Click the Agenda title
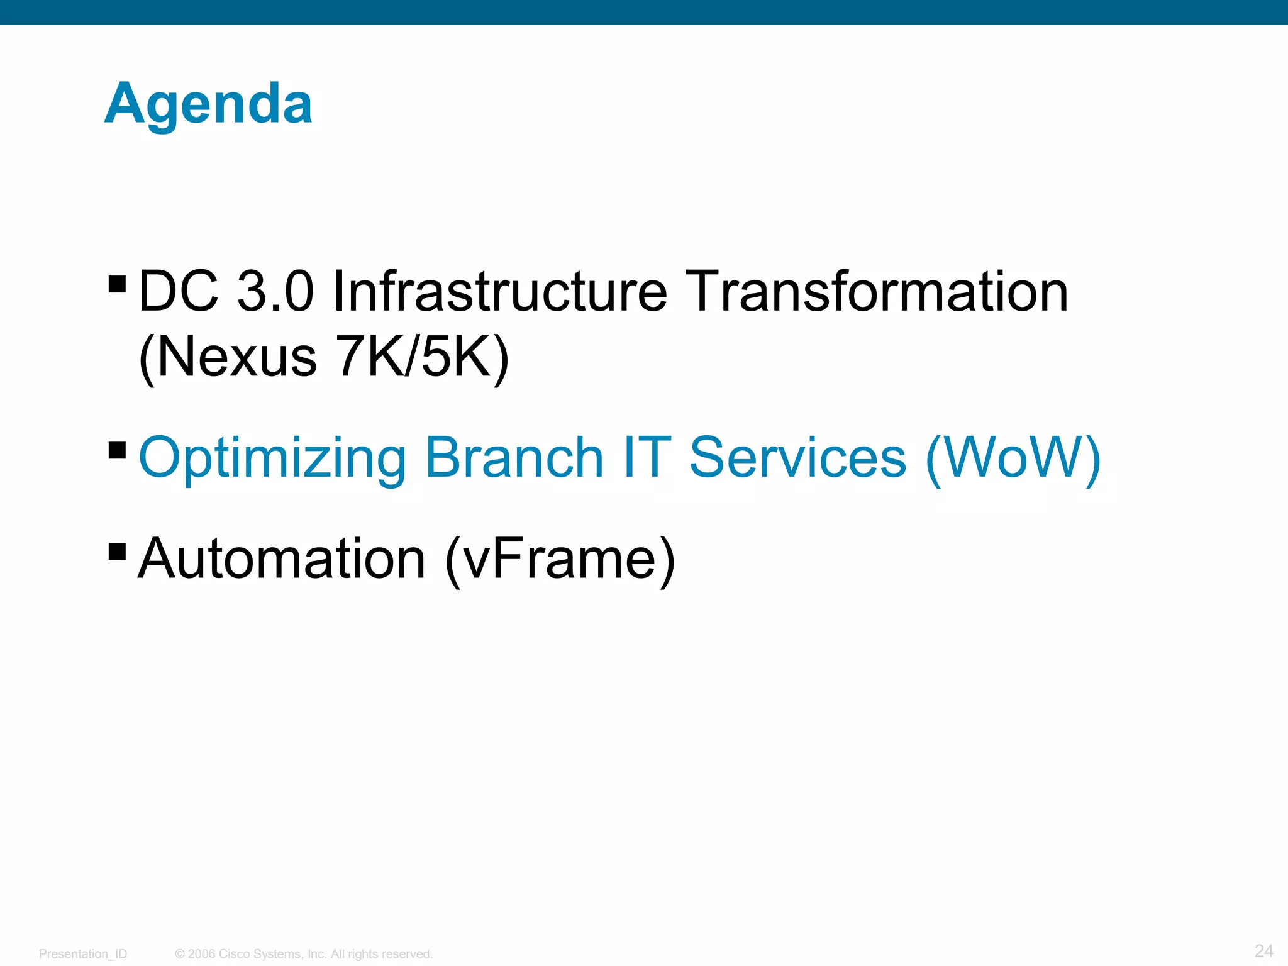[x=208, y=104]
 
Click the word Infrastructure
[x=499, y=291]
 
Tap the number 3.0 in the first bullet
[x=275, y=291]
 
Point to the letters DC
[x=178, y=291]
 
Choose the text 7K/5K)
[x=422, y=358]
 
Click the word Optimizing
[x=273, y=459]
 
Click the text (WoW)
[x=1013, y=459]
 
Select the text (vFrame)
[x=560, y=560]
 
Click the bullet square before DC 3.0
[x=117, y=284]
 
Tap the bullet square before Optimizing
[x=117, y=450]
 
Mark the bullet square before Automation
[x=117, y=552]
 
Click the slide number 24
[x=1263, y=950]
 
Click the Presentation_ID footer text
[x=83, y=954]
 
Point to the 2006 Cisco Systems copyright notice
[x=304, y=954]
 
